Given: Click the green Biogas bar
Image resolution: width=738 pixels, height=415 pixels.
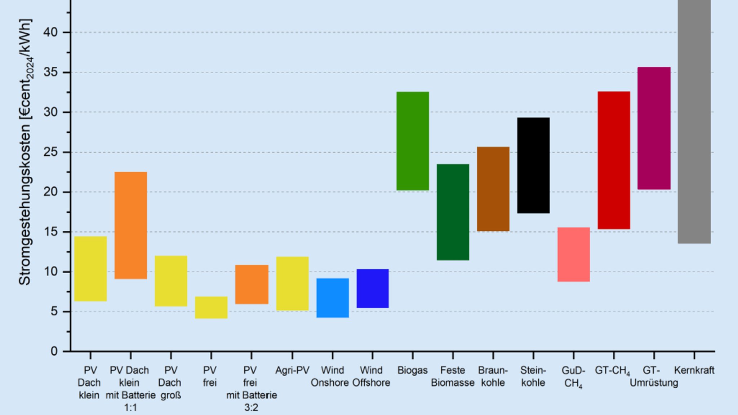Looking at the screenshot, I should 413,141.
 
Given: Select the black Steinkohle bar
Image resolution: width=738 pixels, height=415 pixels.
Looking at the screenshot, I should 533,165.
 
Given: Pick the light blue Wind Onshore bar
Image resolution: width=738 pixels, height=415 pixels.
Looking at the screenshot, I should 333,298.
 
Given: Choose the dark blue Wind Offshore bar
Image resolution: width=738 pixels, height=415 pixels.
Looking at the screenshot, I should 373,288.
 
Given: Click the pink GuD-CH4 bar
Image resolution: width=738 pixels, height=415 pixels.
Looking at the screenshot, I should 574,254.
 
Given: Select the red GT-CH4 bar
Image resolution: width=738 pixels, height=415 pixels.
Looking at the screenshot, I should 614,160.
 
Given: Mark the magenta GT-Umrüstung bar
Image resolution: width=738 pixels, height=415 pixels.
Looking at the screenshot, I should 654,128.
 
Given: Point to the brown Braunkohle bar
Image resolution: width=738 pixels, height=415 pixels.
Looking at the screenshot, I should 493,189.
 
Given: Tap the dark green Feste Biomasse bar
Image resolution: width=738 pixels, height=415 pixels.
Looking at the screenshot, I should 453,212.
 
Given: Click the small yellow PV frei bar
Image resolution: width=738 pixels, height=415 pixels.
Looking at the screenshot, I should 211,307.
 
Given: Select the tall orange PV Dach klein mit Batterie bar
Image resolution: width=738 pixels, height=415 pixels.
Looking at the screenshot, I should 130,225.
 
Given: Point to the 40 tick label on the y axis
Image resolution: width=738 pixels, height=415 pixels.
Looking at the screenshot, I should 50,32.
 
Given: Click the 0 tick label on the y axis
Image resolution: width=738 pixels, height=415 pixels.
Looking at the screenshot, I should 54,351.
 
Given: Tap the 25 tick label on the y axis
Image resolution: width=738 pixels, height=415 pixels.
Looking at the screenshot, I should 50,152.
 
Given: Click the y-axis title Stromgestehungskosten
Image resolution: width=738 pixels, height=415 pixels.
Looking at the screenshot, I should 25,151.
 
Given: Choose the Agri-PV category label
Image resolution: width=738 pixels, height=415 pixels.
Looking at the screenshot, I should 292,370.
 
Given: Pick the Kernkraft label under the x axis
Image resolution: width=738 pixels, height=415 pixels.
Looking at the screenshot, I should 694,370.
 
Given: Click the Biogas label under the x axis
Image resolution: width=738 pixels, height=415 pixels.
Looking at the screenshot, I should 412,370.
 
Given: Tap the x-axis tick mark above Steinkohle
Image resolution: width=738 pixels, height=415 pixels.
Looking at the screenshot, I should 533,356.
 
